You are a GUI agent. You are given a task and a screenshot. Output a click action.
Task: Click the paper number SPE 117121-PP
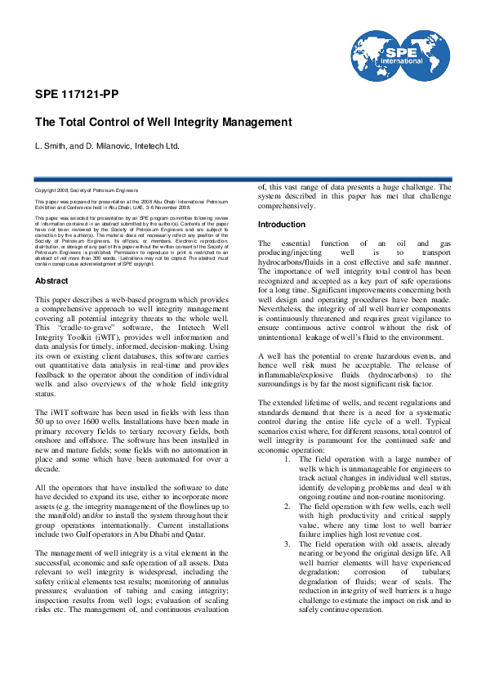coord(76,94)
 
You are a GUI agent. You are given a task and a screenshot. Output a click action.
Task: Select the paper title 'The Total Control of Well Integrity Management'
coord(163,122)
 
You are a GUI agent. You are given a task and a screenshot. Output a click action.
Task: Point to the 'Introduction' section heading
coord(282,224)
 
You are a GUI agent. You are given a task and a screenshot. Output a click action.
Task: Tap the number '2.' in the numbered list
coord(288,507)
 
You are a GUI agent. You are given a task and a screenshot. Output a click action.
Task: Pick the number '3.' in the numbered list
coord(288,544)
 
